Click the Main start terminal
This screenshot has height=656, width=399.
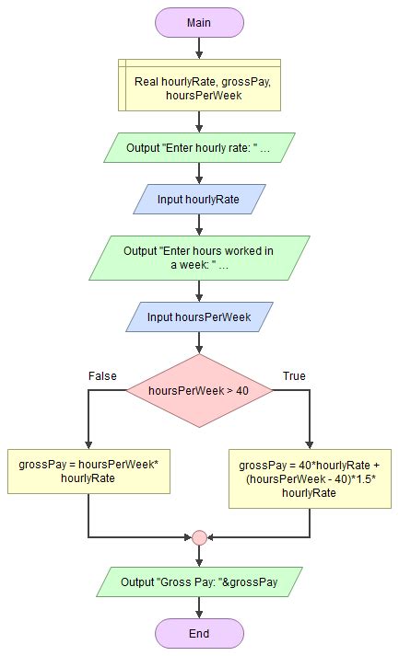[x=199, y=23]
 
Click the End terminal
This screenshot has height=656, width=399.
[x=199, y=633]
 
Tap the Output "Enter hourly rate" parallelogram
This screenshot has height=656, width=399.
[x=199, y=147]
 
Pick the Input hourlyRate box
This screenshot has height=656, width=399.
[x=199, y=199]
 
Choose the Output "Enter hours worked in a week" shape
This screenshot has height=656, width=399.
[x=199, y=258]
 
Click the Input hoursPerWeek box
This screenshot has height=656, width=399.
[x=199, y=317]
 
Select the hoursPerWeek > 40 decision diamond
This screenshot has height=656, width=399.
[x=199, y=390]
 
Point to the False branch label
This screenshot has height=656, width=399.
[x=101, y=376]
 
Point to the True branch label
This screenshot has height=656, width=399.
[x=294, y=376]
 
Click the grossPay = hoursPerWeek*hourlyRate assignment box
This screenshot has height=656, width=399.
[x=88, y=471]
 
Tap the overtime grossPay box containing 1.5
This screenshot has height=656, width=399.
[x=310, y=478]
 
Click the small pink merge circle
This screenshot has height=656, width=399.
[x=199, y=537]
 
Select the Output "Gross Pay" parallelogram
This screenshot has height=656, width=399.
[x=199, y=581]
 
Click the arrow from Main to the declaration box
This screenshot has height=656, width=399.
[x=199, y=49]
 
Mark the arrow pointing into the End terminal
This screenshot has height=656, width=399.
[x=199, y=608]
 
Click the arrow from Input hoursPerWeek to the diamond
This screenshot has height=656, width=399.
[x=199, y=343]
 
